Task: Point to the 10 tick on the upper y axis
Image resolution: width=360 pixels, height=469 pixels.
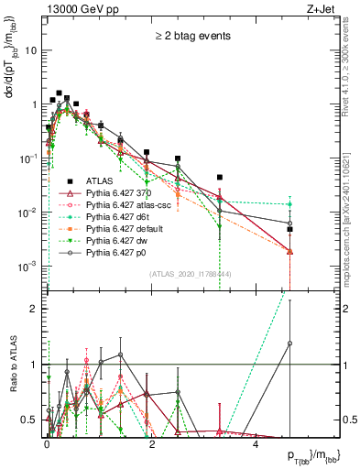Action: (33, 50)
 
